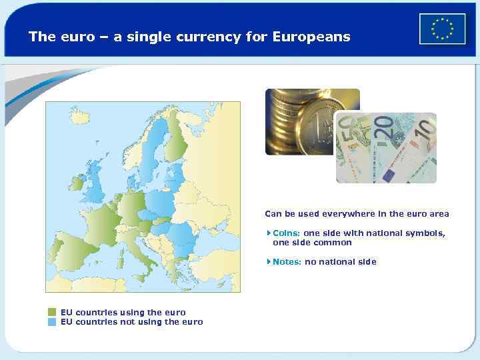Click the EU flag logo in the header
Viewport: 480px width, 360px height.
click(442, 29)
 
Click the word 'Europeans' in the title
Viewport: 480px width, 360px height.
click(311, 37)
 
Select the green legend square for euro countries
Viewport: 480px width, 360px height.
click(52, 312)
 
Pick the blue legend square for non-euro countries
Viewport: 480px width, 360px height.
click(52, 322)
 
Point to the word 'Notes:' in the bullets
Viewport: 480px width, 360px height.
click(287, 262)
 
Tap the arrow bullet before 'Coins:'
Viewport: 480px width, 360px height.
click(268, 233)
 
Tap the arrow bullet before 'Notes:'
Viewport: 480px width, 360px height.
click(268, 262)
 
